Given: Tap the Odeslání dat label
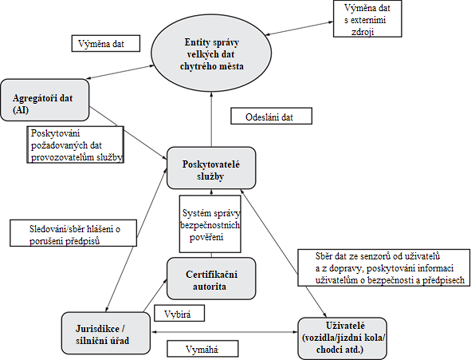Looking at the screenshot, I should tap(264, 116).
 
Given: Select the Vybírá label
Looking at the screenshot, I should tap(178, 312).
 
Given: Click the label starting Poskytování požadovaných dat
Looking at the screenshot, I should tap(76, 145).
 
